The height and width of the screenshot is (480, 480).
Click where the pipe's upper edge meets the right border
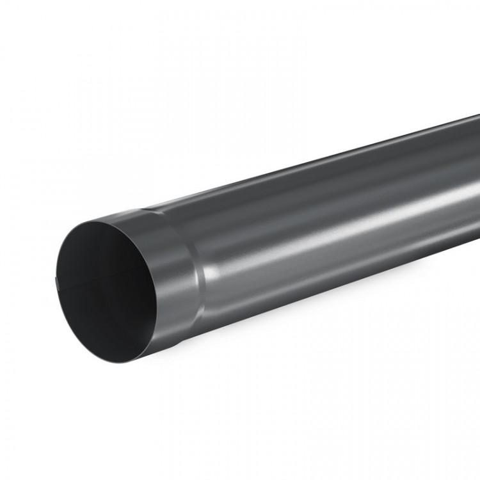click(x=479, y=115)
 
